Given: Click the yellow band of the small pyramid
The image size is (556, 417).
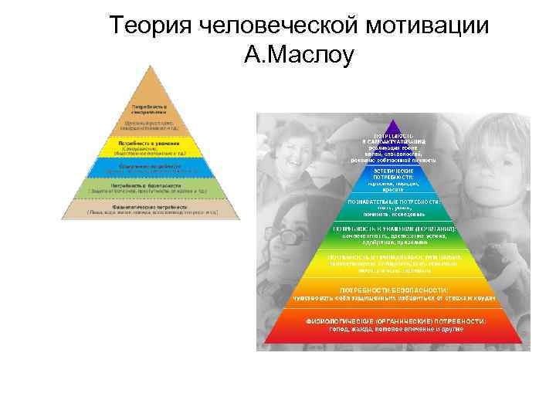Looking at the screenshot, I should click(151, 147).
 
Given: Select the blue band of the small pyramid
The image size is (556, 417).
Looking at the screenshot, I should click(151, 167).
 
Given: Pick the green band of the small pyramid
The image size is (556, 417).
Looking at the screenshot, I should click(151, 188).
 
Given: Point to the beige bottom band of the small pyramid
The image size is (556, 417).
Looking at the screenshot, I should click(151, 208).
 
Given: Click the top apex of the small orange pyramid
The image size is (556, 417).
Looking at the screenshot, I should click(151, 68).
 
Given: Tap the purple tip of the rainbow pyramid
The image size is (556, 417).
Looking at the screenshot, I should click(394, 126).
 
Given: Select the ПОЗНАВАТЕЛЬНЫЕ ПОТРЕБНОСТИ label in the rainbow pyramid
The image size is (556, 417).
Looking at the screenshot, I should click(394, 200).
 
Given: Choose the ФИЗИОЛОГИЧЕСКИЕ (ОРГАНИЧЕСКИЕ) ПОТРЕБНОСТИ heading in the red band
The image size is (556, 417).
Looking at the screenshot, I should click(394, 320).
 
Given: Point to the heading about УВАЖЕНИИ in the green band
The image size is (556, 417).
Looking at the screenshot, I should click(394, 229).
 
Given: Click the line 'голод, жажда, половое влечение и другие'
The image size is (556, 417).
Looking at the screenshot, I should click(394, 329).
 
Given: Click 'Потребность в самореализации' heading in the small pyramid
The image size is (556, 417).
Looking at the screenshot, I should click(151, 107).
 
